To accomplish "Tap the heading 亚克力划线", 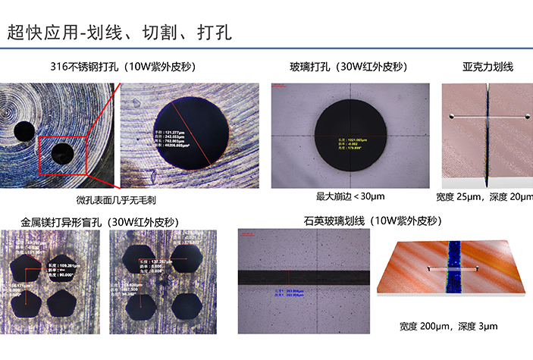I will pos(488,67).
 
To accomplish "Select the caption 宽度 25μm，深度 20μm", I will pos(485,198).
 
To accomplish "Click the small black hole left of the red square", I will pos(24,131).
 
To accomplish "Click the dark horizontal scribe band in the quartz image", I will pos(303,277).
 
